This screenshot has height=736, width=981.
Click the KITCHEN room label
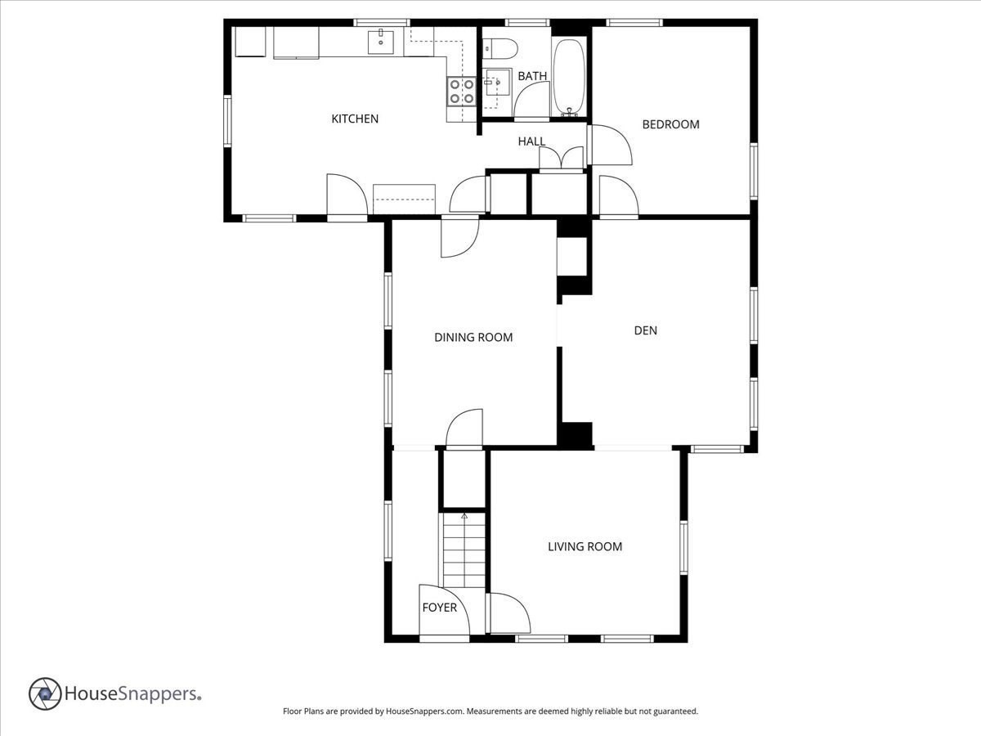(x=355, y=119)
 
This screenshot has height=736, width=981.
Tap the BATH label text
(x=532, y=76)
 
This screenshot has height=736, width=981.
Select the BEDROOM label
(x=670, y=124)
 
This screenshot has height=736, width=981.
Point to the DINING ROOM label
(x=473, y=337)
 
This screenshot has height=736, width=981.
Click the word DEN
(x=646, y=330)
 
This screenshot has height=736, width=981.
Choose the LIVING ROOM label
(x=585, y=546)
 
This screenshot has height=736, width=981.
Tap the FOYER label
(x=439, y=608)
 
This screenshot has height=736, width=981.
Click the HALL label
(x=531, y=141)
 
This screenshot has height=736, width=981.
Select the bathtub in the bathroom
(x=568, y=75)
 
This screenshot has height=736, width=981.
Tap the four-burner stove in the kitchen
(x=461, y=91)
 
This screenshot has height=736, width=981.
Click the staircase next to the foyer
(x=464, y=551)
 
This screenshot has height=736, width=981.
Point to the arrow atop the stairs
(x=464, y=516)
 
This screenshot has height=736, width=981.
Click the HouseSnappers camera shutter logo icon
(x=45, y=693)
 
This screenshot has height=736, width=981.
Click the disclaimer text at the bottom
(x=490, y=711)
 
